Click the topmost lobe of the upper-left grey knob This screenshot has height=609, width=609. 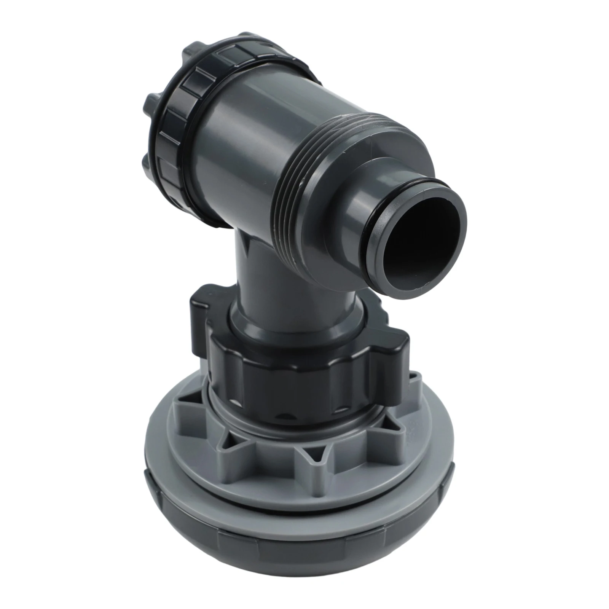coord(198,57)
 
